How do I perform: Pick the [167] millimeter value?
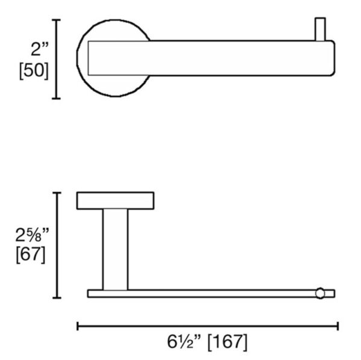227,343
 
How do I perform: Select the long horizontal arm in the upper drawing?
241,58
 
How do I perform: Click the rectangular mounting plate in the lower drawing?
115,201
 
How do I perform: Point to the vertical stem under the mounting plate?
115,249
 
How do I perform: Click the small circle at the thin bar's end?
320,293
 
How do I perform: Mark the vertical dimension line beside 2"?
57,59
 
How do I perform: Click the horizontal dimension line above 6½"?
208,326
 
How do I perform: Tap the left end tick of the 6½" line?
78,326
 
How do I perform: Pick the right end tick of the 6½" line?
338,326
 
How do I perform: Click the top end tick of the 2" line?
57,20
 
